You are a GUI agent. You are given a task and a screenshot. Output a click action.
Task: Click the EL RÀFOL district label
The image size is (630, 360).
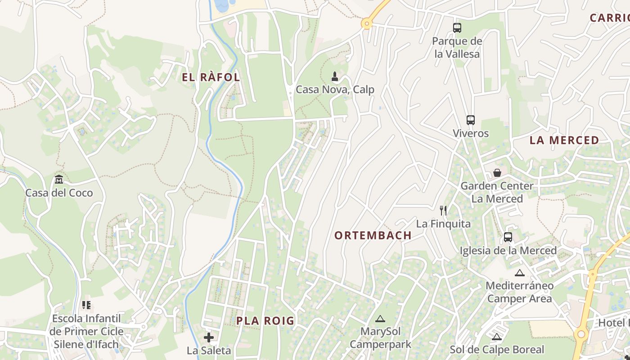(211, 77)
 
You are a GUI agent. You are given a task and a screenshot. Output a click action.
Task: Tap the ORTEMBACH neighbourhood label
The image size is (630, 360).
(373, 235)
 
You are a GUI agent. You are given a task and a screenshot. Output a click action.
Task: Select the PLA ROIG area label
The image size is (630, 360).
(265, 321)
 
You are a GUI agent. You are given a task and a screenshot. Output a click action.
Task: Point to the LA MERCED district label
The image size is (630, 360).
(564, 140)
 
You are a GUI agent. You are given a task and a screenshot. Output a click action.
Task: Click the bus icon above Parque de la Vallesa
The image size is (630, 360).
(457, 28)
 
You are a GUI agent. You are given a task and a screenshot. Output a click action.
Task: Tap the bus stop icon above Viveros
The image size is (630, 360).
(471, 120)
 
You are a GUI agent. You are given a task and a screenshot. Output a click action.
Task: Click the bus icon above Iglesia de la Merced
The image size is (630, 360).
(508, 237)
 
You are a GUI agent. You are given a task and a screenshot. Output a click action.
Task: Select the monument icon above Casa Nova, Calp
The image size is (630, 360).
(334, 76)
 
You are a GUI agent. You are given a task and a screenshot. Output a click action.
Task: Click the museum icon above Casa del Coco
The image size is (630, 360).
(59, 180)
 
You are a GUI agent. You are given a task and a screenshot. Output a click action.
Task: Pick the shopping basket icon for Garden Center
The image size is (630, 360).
(497, 173)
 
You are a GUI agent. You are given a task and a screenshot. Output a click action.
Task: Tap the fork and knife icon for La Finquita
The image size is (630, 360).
(443, 210)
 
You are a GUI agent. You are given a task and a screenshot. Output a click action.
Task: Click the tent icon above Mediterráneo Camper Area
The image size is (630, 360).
(520, 273)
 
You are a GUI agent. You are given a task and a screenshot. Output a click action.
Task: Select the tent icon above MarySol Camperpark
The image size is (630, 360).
(380, 319)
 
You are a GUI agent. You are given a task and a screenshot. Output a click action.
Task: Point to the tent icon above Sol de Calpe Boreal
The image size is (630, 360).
(497, 337)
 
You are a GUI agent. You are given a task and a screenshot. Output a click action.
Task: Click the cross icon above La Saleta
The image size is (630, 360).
(209, 337)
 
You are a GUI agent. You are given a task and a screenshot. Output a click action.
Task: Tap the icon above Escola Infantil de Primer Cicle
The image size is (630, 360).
(86, 305)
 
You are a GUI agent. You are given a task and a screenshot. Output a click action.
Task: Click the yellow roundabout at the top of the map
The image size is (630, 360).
(367, 23)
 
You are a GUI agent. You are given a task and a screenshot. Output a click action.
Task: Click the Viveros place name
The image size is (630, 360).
(471, 134)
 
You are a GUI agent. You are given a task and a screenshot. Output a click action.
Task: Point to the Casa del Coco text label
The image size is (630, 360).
(59, 193)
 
